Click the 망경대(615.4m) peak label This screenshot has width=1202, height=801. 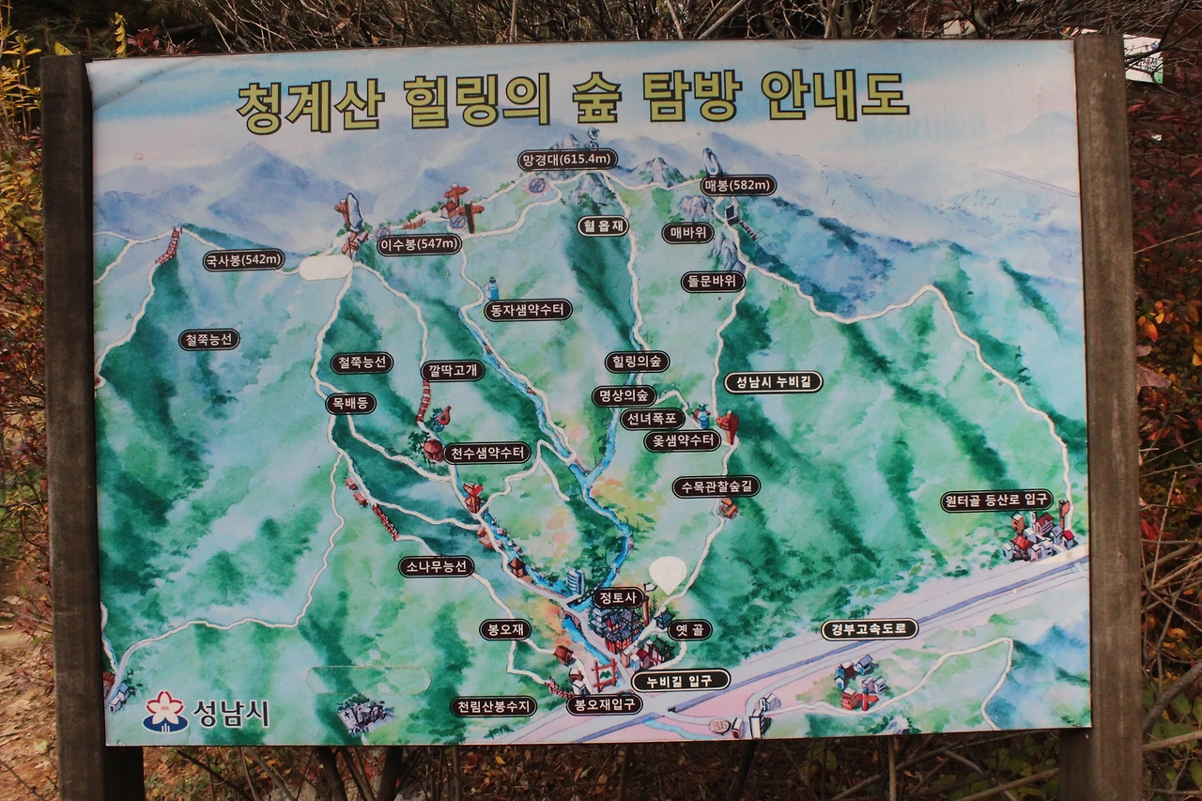[x=567, y=160]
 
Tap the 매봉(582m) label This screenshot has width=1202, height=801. [x=739, y=186]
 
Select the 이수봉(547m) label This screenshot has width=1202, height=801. [x=419, y=245]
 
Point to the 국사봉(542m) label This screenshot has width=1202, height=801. [x=244, y=260]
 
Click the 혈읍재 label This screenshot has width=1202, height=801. [x=602, y=226]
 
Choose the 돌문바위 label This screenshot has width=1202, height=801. [x=713, y=282]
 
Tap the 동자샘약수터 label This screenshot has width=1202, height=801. [x=528, y=310]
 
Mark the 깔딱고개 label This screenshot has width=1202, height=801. [x=452, y=370]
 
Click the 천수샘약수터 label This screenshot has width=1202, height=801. [x=487, y=454]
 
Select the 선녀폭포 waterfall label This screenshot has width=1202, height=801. [x=652, y=419]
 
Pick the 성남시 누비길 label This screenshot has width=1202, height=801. [x=773, y=382]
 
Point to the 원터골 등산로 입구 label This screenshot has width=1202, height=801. [x=996, y=501]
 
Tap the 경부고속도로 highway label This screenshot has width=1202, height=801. [x=869, y=629]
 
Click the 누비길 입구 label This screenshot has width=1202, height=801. [x=680, y=681]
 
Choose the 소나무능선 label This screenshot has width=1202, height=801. [x=436, y=567]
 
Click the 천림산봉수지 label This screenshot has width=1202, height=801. [x=493, y=706]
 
